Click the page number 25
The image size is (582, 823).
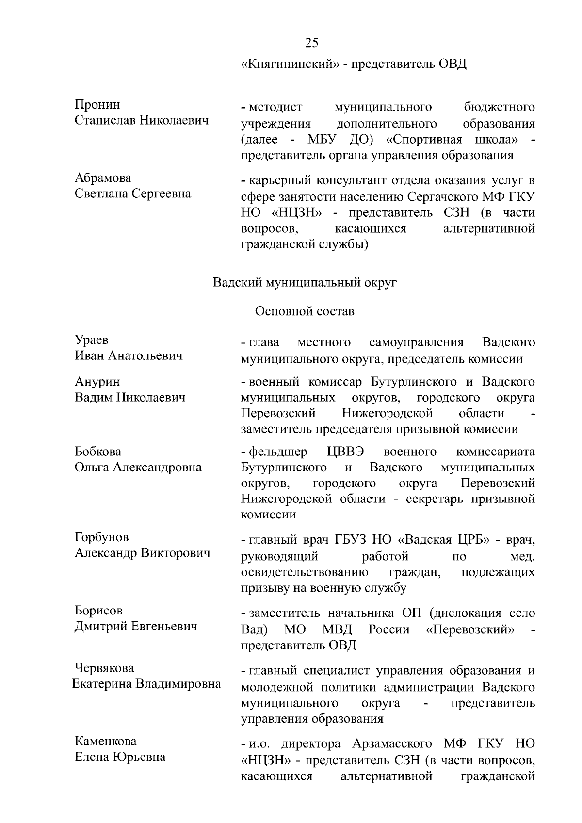312,43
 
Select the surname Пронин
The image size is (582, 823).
97,105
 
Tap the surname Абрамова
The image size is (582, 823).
103,178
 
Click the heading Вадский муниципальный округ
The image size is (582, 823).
305,282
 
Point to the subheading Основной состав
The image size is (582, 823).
305,311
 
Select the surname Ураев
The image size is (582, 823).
91,340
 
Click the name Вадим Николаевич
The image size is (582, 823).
130,398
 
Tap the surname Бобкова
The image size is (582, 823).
98,452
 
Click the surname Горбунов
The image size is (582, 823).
102,537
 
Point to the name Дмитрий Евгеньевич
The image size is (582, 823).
136,626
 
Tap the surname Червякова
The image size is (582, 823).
104,668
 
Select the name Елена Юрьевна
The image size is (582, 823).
120,757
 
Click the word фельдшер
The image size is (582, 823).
277,452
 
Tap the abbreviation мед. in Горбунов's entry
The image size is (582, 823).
523,556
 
